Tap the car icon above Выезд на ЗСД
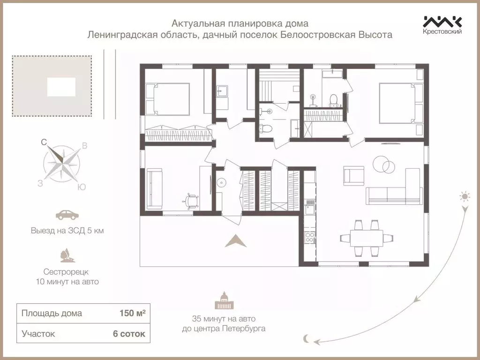click(x=67, y=215)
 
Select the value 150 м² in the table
click(x=132, y=314)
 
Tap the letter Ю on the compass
click(x=81, y=187)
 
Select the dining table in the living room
click(x=365, y=238)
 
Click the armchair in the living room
click(x=353, y=176)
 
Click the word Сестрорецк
click(x=66, y=271)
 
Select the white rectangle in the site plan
click(x=61, y=87)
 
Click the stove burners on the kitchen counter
click(x=309, y=237)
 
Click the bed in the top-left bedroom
click(x=167, y=99)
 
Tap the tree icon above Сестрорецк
click(x=66, y=255)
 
